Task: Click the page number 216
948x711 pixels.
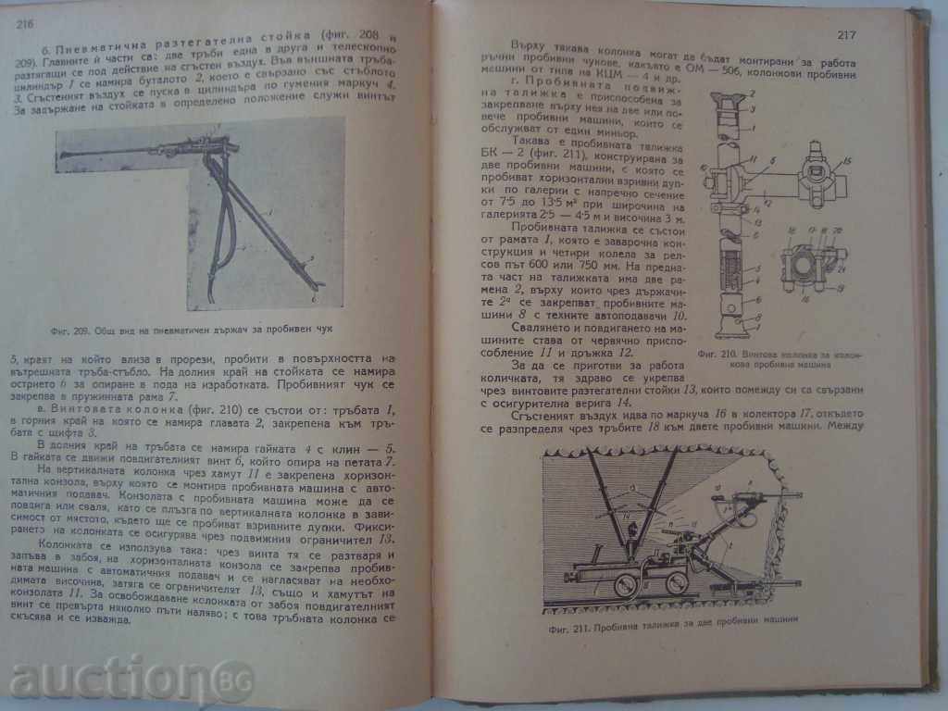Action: coord(25,26)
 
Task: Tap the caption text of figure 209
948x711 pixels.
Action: coord(197,329)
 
